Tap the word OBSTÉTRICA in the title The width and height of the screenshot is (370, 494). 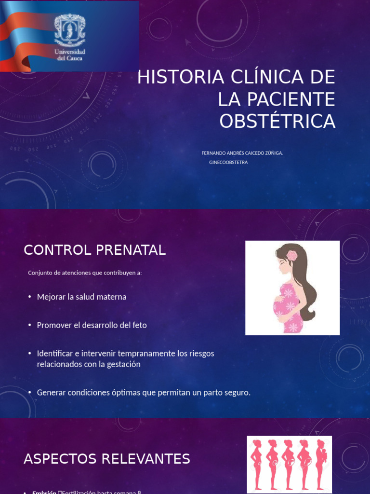pyautogui.click(x=277, y=121)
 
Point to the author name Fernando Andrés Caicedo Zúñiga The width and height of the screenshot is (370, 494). pyautogui.click(x=242, y=153)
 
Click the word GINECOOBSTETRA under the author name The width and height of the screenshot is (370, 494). pyautogui.click(x=228, y=163)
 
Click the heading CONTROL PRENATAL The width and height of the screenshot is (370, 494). pyautogui.click(x=95, y=250)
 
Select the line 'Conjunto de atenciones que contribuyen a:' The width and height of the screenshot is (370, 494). pyautogui.click(x=85, y=273)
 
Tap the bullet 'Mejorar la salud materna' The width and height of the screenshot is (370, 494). pyautogui.click(x=81, y=297)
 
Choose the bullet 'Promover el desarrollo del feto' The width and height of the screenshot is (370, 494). pyautogui.click(x=92, y=325)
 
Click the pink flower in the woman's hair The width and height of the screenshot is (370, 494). pyautogui.click(x=292, y=256)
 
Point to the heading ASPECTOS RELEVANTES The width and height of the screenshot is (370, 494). pyautogui.click(x=107, y=459)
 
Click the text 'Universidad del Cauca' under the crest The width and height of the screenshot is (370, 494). pyautogui.click(x=70, y=55)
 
